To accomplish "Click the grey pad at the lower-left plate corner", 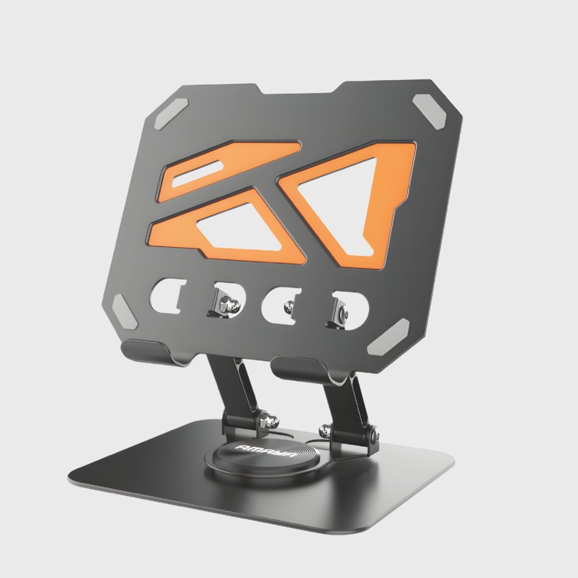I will coord(124,312).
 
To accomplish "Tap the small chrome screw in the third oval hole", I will coord(288,306).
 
